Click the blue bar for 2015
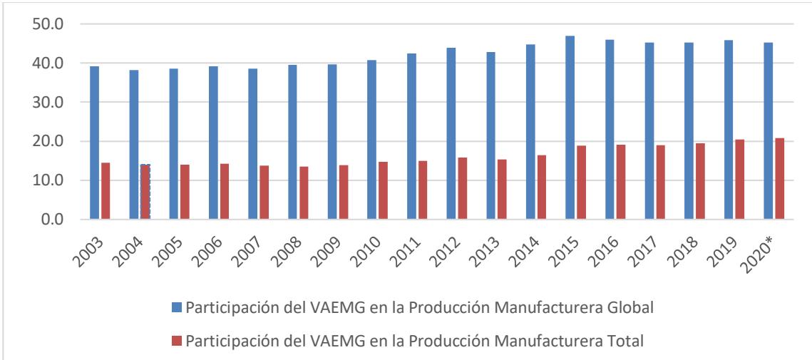click(x=570, y=128)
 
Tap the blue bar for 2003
click(x=94, y=143)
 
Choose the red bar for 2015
click(x=582, y=182)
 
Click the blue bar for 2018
click(x=689, y=131)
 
